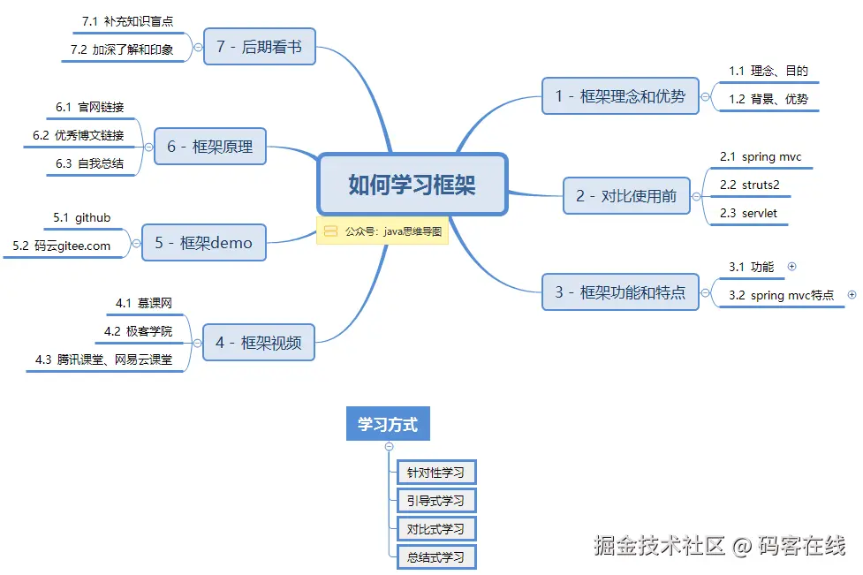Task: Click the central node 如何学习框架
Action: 412,185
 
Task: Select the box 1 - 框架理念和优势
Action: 619,95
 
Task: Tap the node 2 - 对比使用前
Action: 626,196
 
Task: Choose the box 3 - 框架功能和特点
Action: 619,292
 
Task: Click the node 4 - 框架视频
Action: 258,343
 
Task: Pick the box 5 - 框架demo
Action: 203,242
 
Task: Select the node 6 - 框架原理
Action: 209,147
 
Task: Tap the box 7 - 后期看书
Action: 259,47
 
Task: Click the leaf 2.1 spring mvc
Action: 760,157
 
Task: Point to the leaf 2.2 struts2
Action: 749,185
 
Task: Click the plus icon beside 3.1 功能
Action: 791,266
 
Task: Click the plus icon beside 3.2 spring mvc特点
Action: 852,295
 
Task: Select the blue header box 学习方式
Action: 387,424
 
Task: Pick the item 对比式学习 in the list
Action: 435,529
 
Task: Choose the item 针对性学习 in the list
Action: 435,473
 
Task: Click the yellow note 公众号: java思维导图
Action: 382,231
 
